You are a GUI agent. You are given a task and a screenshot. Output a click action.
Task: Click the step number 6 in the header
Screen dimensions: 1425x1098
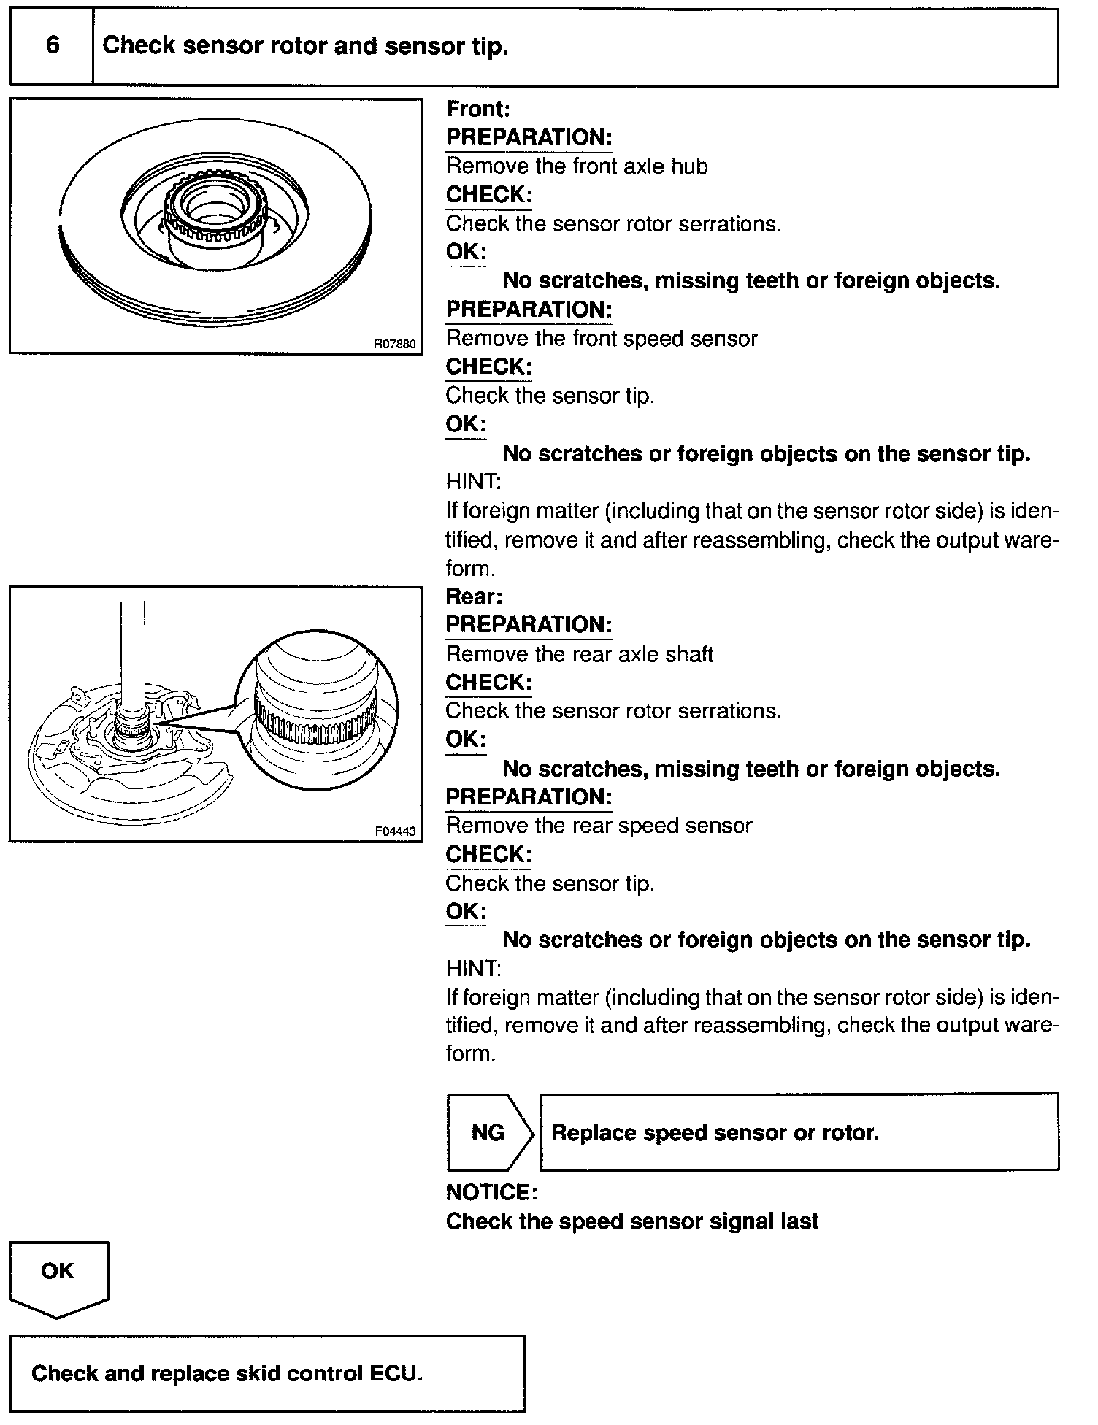53,46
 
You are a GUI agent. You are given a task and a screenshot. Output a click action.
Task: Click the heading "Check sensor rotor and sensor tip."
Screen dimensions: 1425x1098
305,46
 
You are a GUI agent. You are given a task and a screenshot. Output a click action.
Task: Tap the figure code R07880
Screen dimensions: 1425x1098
395,343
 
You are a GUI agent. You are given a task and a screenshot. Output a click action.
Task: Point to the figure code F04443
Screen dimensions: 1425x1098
395,831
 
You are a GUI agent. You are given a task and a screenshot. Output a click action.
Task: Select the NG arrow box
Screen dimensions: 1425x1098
489,1132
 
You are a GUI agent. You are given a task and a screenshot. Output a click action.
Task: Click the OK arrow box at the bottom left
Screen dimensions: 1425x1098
58,1275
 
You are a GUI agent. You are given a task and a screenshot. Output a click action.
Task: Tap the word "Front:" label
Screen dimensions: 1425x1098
478,110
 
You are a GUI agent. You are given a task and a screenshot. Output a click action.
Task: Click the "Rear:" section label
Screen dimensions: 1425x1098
475,596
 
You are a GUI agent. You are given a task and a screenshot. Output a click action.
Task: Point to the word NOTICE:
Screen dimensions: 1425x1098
491,1192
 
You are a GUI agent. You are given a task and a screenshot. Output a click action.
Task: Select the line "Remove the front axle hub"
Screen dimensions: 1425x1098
577,166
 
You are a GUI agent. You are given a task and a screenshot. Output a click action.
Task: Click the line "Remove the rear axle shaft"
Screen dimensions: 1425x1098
580,654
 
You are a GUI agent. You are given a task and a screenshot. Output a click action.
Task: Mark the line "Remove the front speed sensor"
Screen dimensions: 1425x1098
602,339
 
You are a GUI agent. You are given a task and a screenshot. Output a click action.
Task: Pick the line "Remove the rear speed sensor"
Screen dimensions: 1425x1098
599,826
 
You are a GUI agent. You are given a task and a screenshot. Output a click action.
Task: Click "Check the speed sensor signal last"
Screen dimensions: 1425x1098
632,1221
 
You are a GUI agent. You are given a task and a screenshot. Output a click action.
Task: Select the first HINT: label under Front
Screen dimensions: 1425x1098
473,482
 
